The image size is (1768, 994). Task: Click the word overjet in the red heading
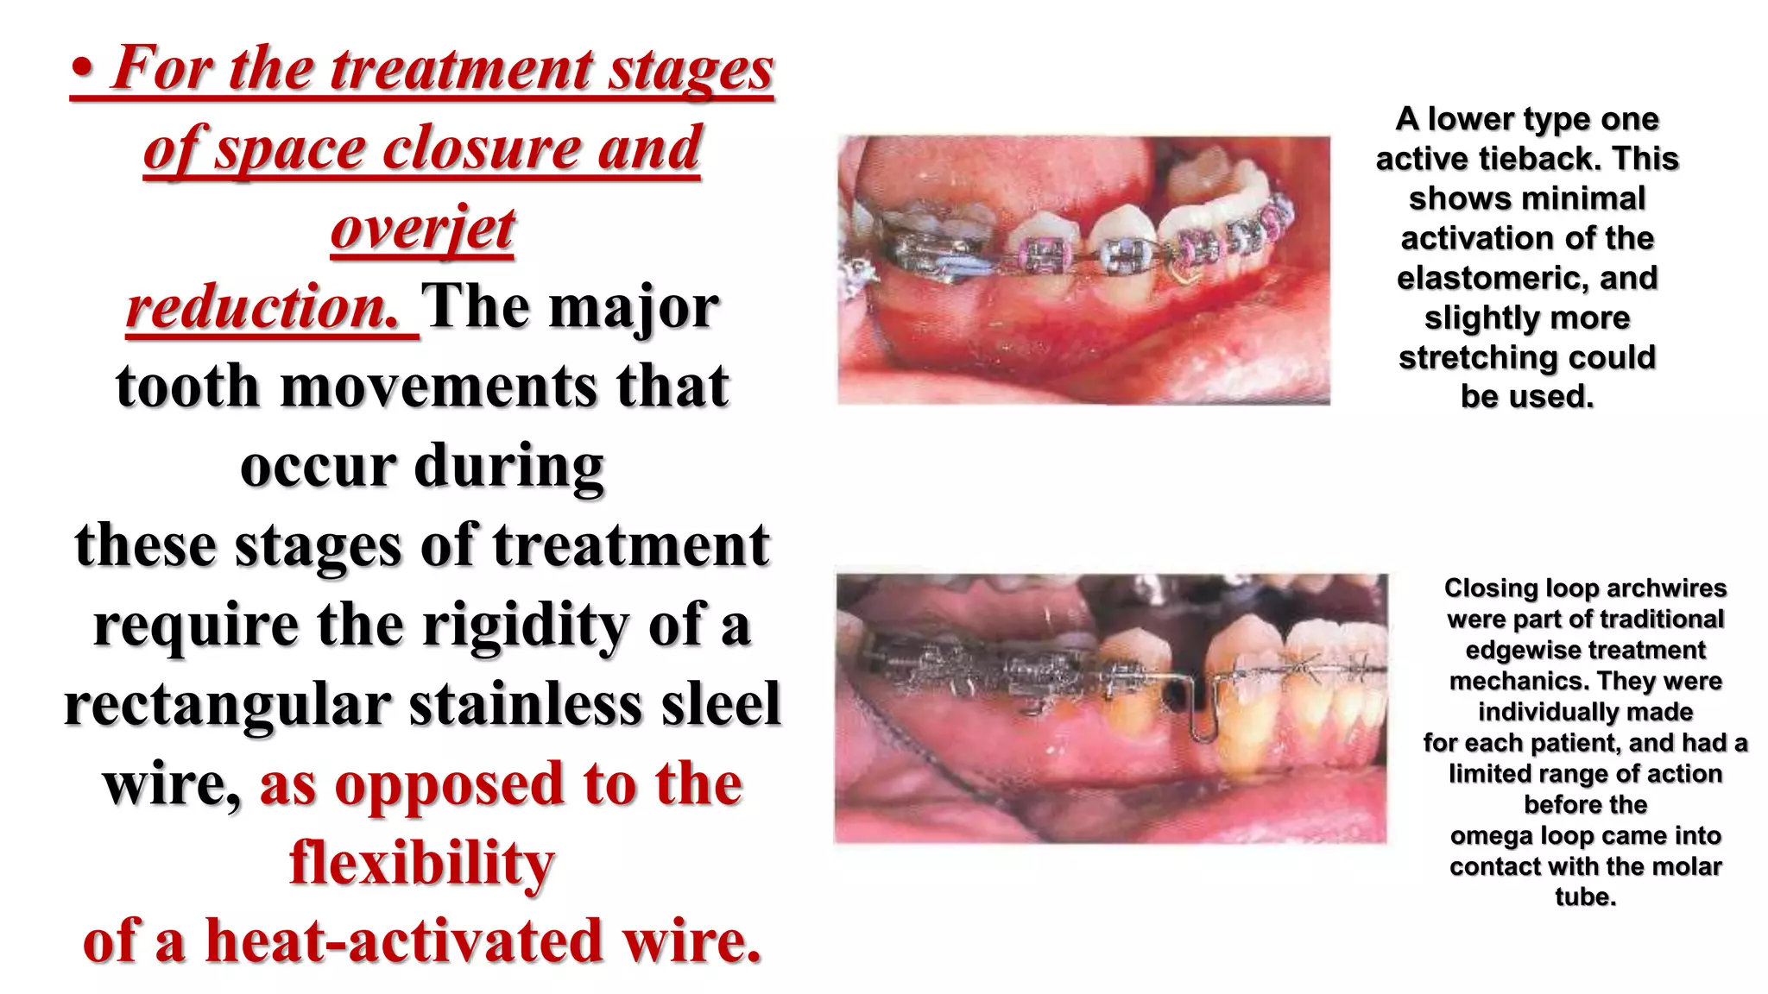pyautogui.click(x=422, y=228)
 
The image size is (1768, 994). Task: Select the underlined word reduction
pyautogui.click(x=262, y=307)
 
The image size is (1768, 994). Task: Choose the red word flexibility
pyautogui.click(x=422, y=862)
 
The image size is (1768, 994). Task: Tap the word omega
pyautogui.click(x=1487, y=835)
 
